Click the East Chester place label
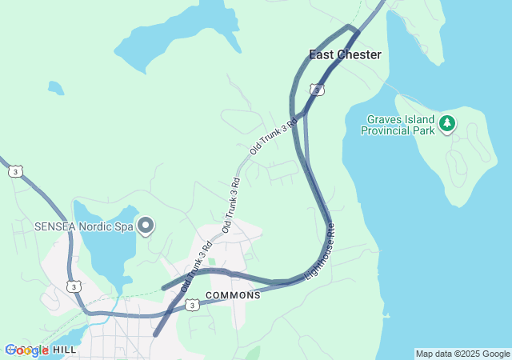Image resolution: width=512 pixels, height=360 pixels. point(345,54)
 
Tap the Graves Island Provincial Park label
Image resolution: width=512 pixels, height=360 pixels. point(398,124)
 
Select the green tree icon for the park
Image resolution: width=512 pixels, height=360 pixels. point(447,123)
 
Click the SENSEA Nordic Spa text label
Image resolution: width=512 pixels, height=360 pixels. point(83,226)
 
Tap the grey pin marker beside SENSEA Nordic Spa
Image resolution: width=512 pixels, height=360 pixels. point(145,226)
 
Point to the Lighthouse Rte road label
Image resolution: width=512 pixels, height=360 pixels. point(319,251)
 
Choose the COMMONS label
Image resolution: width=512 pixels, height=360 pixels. point(233,295)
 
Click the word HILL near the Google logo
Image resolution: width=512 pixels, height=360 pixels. point(65,350)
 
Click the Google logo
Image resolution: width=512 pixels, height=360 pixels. point(26,350)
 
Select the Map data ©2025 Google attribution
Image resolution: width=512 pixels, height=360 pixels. point(462,354)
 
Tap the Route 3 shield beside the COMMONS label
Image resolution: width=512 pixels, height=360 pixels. point(192,305)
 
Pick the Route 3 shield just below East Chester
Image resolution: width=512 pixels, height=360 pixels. point(318,90)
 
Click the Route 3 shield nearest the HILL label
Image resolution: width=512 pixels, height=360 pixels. point(73,286)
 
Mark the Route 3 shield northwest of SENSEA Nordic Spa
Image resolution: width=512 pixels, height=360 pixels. point(15,171)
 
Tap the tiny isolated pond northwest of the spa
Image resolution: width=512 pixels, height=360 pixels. point(55,87)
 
